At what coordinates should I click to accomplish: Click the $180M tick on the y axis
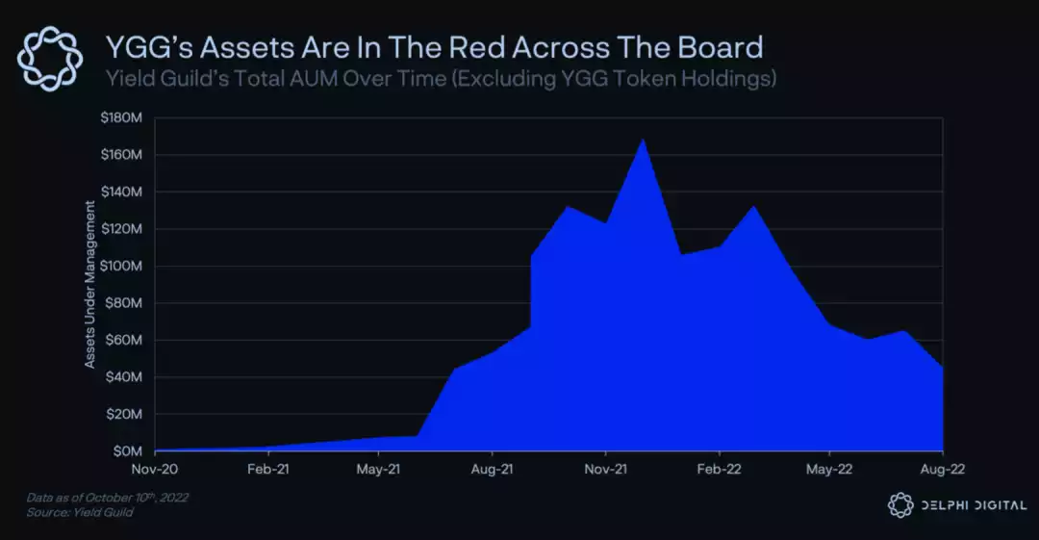pos(122,117)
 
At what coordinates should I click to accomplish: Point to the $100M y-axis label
pos(122,266)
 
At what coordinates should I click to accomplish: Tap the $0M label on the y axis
pos(129,451)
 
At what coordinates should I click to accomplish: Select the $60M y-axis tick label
pos(125,340)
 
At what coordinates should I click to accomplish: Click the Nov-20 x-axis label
pos(154,470)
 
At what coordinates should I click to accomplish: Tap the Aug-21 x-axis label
pos(492,470)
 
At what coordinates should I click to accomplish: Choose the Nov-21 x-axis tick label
pos(604,470)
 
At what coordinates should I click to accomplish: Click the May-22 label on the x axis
pos(829,470)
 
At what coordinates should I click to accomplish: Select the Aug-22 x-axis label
pos(942,470)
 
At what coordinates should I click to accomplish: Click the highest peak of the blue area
pos(643,141)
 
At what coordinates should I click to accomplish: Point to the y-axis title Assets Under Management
pos(89,284)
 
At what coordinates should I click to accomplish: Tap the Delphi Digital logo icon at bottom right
pos(900,504)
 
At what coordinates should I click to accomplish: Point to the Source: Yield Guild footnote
pos(80,513)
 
